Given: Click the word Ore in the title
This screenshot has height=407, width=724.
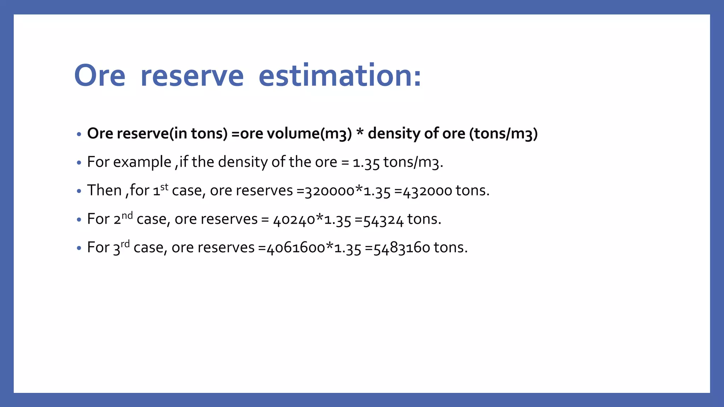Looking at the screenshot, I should pos(100,76).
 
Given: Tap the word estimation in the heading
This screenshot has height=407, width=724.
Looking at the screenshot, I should pos(340,76).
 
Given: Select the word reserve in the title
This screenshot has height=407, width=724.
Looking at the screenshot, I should pos(192,76).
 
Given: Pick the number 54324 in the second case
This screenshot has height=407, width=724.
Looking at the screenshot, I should pos(383,220).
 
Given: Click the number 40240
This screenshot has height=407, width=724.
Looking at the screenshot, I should pos(294,220).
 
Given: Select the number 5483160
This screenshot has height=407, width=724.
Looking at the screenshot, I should pos(402,248).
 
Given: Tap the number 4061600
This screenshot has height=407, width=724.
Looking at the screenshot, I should pos(296,248).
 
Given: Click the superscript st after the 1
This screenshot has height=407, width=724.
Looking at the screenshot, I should pos(164,186).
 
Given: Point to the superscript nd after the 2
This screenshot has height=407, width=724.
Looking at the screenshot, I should pos(127,215).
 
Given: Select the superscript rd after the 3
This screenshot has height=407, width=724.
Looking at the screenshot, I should pos(125,243).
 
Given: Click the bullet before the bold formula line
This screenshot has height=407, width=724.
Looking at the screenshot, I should pos(79,134).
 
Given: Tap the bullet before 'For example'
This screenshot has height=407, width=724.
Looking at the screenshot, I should pos(79,163).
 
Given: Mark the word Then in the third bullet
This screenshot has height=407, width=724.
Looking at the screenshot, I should pos(104,190).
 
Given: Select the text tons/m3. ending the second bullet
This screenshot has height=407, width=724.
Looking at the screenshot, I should pos(413,162).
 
